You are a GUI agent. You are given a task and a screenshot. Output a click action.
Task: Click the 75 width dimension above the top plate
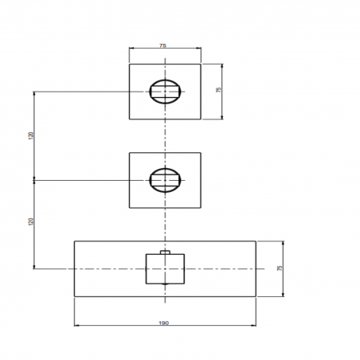click(163, 46)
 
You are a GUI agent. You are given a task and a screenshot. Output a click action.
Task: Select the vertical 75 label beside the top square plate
click(218, 91)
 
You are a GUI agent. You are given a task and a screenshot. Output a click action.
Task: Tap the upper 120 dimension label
click(31, 135)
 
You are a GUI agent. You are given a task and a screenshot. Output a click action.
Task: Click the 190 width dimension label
click(164, 323)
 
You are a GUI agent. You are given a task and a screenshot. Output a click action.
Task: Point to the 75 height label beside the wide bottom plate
click(280, 268)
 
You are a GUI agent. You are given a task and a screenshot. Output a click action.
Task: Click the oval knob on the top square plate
click(165, 92)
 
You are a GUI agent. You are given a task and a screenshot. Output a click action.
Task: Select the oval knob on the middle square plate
click(165, 181)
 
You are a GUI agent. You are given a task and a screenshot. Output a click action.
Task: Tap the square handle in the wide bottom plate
click(165, 269)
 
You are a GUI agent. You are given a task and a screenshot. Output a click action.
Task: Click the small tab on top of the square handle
click(165, 253)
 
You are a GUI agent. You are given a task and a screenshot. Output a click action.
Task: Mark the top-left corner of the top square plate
click(130, 63)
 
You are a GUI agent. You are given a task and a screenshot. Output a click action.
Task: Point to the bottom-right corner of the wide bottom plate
click(256, 297)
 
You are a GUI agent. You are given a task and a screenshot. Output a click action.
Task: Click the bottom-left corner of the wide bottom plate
click(74, 297)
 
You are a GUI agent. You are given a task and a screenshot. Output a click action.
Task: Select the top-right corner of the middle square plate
click(200, 152)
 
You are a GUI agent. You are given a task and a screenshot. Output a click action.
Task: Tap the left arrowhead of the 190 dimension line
click(75, 326)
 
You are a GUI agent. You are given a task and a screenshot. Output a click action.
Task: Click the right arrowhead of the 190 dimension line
click(255, 326)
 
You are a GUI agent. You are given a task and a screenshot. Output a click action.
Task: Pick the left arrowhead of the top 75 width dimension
click(131, 49)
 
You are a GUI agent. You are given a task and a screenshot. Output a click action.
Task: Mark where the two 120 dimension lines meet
click(34, 180)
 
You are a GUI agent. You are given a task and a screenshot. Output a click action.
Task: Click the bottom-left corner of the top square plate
click(130, 119)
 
